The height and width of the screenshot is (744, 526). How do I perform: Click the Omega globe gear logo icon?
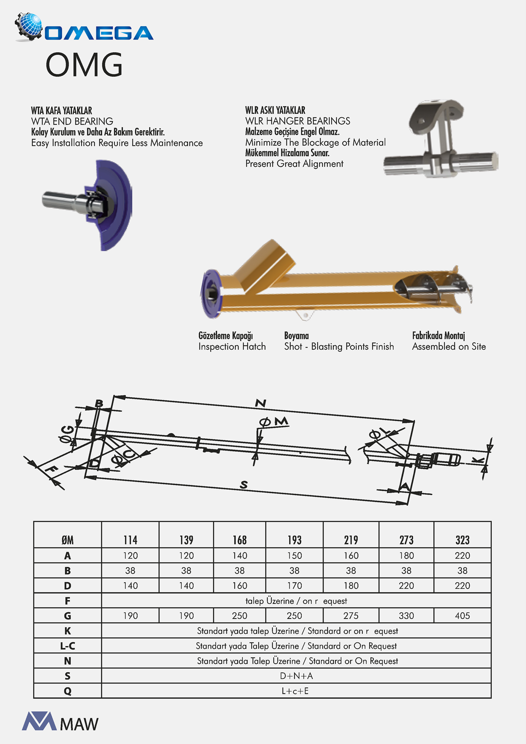pos(29,27)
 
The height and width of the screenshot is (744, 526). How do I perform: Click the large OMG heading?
pos(84,65)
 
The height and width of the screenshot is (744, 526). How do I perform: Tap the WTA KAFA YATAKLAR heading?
pos(61,111)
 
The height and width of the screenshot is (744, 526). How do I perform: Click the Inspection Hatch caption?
pos(232,347)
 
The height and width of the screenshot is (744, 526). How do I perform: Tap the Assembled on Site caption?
pos(449,347)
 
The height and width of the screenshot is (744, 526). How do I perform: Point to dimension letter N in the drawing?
pos(260,404)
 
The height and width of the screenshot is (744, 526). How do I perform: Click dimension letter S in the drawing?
pos(244,485)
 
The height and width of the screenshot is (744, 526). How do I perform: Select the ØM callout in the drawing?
pos(274,422)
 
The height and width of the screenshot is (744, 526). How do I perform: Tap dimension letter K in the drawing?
pos(478,460)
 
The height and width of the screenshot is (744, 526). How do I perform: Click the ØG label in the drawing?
pos(67,434)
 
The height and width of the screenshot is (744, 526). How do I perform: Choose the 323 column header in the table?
pos(462,540)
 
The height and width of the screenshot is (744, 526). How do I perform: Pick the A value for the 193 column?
pos(294,555)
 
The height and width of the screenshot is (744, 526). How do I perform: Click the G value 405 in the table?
pos(462,616)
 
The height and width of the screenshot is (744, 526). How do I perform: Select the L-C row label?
pos(67,646)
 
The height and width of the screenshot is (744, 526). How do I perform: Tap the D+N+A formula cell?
pos(296,676)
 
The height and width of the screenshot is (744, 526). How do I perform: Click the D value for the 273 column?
pos(406,586)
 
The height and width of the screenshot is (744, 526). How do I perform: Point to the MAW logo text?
pos(79,724)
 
